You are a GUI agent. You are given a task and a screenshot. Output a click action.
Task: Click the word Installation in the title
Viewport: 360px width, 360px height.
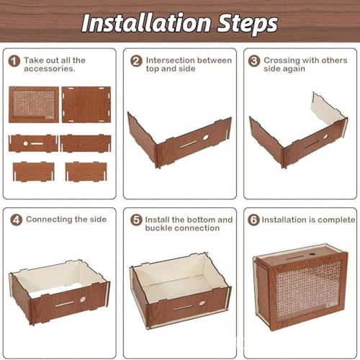coord(146,23)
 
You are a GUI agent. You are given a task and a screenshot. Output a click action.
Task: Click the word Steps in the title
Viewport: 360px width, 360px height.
coord(248,24)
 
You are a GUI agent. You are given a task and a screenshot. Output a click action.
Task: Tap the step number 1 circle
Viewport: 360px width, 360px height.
coord(14,61)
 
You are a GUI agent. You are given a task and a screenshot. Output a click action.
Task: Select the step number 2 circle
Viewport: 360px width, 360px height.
coord(136,61)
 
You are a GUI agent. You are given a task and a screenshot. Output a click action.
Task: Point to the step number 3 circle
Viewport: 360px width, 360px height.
coord(254,61)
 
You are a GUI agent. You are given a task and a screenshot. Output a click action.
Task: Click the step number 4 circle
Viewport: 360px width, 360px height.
coord(17,220)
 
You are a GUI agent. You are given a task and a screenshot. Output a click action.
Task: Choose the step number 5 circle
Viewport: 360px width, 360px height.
coord(136,220)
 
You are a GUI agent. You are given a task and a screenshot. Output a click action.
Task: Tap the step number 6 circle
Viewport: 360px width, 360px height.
coord(253,220)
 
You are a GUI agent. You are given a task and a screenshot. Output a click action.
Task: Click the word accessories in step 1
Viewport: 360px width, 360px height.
coord(49,69)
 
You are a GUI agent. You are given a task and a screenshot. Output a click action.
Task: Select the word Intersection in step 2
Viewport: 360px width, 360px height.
coord(170,60)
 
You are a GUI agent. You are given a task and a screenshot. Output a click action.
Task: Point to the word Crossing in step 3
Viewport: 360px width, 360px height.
coord(282,60)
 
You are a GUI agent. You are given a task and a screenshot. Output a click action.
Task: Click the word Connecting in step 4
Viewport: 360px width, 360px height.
coord(49,220)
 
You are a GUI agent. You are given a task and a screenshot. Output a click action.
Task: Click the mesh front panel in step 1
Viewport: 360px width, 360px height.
coord(34,104)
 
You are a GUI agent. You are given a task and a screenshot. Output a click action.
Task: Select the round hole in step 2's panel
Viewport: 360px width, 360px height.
coord(205,138)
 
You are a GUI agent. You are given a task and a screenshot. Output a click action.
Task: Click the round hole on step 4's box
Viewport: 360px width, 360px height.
coord(83,300)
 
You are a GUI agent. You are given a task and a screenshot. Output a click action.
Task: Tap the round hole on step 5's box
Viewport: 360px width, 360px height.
coord(202,303)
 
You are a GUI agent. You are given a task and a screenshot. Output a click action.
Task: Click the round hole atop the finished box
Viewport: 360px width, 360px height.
coord(312,254)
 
